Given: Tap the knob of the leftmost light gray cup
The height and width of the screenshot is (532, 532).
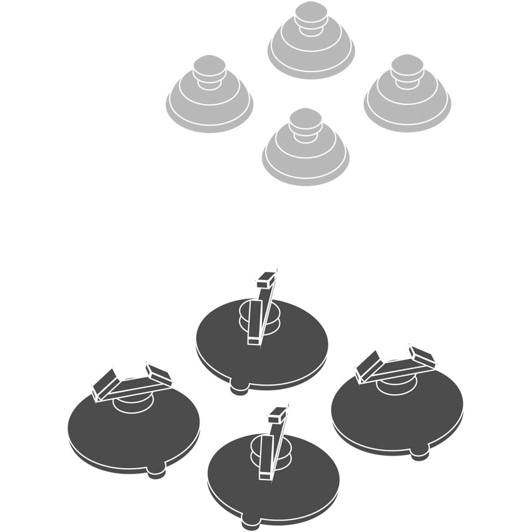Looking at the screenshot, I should click(x=207, y=68).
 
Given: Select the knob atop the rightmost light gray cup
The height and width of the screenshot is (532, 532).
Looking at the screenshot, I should click(x=407, y=68).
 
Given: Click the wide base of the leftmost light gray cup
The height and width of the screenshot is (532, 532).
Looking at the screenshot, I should click(x=209, y=113).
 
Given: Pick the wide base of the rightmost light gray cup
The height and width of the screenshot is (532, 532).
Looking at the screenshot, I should click(x=407, y=113).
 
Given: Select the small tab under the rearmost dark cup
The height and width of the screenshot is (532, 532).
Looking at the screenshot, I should click(x=239, y=388).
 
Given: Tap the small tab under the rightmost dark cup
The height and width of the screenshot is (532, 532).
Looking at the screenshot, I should click(x=418, y=454).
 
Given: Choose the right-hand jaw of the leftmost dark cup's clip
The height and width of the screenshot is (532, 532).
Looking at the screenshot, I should click(x=159, y=375).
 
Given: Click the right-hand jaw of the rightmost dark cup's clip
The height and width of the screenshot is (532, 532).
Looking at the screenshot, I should click(x=422, y=356).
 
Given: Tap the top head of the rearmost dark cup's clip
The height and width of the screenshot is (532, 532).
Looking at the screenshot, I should click(x=267, y=279).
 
